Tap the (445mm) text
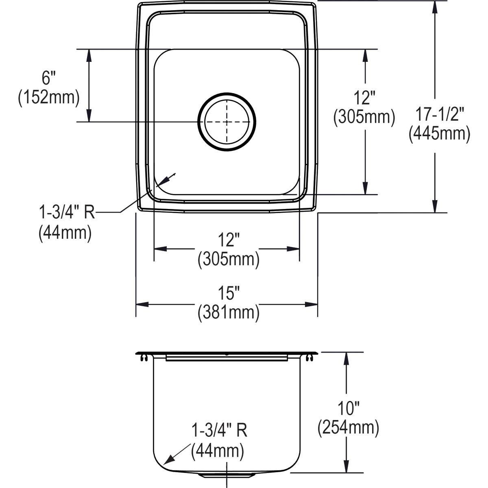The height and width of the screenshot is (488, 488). coord(440,135)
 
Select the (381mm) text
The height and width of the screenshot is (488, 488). coord(229,313)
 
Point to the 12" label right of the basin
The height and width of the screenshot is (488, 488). coord(364,98)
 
